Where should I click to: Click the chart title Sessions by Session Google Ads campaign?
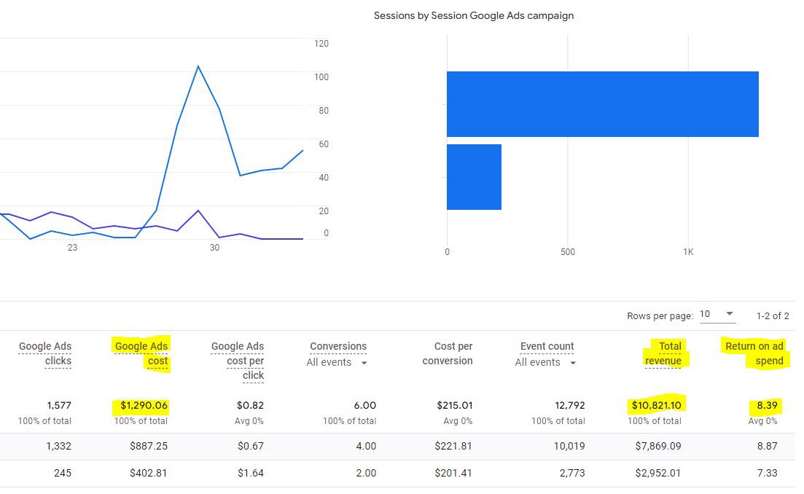(474, 15)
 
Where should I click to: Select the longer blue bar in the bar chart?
(602, 104)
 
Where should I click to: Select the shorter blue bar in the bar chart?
(474, 177)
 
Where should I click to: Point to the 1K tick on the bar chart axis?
(688, 252)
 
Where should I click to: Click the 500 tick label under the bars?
(567, 252)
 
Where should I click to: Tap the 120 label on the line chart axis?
(321, 44)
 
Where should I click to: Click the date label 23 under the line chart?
(72, 248)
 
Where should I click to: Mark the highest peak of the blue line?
(198, 66)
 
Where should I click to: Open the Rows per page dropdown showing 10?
(717, 315)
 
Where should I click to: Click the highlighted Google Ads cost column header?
(141, 353)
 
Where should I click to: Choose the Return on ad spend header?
(755, 353)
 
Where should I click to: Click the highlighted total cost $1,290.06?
(141, 405)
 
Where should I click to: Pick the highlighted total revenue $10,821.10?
(657, 405)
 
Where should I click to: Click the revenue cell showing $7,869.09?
(657, 446)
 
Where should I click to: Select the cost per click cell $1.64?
(251, 473)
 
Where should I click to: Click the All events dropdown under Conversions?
(337, 363)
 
